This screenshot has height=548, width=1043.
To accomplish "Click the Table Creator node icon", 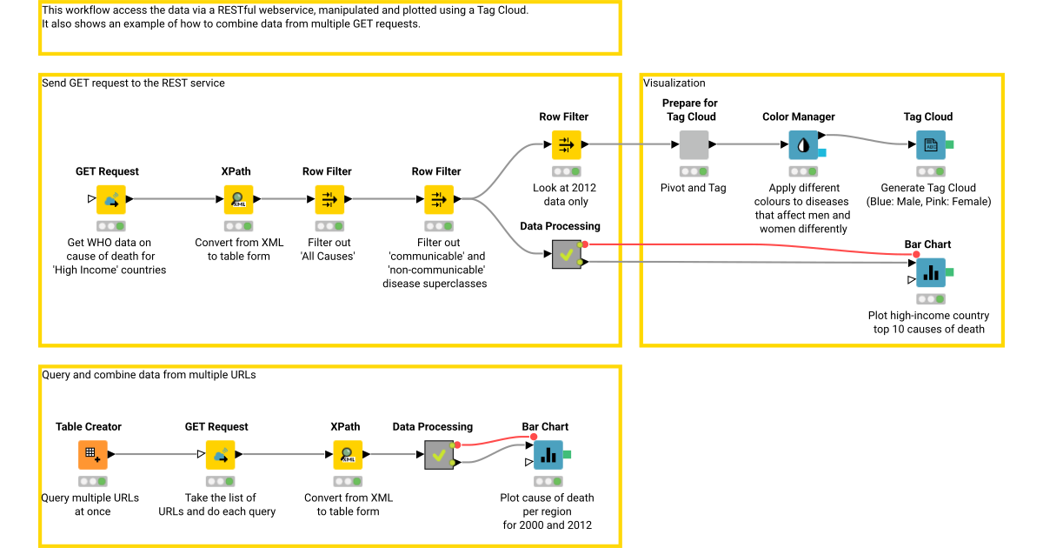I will click(92, 455).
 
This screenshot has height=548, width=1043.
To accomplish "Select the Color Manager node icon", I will click(803, 144).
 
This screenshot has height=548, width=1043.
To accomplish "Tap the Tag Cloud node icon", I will click(931, 144).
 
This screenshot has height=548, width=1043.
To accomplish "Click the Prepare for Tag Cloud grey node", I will click(694, 144).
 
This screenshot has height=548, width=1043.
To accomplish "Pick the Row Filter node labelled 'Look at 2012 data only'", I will click(566, 144).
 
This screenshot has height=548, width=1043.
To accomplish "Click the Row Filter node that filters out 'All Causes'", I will click(329, 199).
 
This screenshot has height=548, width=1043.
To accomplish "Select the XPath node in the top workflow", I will click(237, 199).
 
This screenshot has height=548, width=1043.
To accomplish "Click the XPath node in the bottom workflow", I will click(348, 455).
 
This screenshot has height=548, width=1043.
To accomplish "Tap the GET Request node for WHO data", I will click(110, 199).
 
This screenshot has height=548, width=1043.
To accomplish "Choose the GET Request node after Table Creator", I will click(220, 455).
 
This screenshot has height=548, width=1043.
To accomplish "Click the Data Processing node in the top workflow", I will click(566, 255).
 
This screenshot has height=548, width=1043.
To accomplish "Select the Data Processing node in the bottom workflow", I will click(439, 455).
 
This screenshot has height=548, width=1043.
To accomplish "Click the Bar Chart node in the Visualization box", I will click(931, 272).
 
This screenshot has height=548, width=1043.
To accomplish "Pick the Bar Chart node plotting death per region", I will click(548, 455).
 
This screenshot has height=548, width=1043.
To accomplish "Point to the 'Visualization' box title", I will click(674, 84).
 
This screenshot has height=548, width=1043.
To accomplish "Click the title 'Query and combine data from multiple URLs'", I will click(149, 375).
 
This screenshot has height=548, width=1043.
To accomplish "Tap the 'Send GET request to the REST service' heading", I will click(134, 84).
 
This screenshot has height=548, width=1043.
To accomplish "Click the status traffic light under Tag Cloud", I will click(931, 171).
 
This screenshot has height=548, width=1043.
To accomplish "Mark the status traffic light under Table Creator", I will click(92, 481).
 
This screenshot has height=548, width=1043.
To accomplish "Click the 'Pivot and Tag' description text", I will click(693, 188).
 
